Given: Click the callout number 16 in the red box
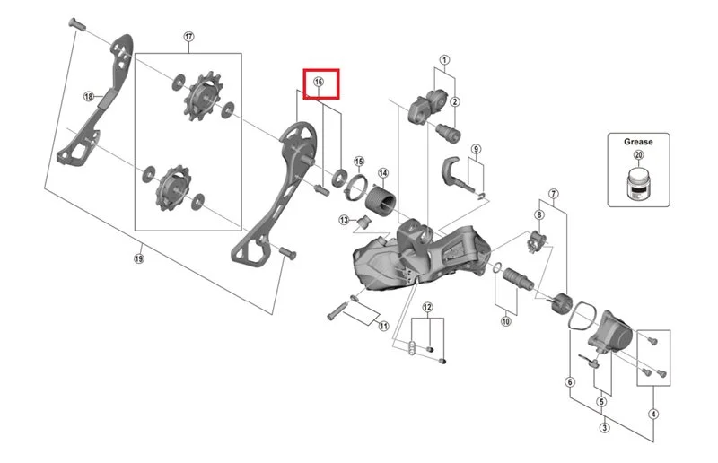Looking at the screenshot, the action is click(x=319, y=82).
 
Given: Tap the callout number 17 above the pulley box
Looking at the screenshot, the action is click(x=189, y=37).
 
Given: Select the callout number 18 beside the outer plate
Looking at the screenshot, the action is click(x=88, y=97).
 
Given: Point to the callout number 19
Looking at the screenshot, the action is click(x=139, y=258).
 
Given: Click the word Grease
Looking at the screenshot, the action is click(x=638, y=142).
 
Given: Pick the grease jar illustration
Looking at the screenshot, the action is click(x=639, y=184).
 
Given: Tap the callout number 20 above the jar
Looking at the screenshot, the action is click(x=638, y=155).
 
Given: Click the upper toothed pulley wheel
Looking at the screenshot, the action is click(x=204, y=97).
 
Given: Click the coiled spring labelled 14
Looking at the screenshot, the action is click(x=381, y=198).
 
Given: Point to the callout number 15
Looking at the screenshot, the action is click(x=359, y=162).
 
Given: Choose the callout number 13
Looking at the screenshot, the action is click(x=344, y=220).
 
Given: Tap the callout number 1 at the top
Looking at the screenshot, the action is click(x=444, y=59).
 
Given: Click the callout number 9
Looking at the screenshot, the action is click(x=477, y=149).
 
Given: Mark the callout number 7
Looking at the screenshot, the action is click(x=553, y=194).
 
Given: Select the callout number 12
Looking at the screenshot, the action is click(x=427, y=307).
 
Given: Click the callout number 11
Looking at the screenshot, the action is click(x=384, y=326).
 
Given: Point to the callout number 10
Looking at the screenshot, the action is click(x=505, y=321).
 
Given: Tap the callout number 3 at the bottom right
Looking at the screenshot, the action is click(x=604, y=428).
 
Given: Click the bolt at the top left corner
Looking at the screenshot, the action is click(x=76, y=23).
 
